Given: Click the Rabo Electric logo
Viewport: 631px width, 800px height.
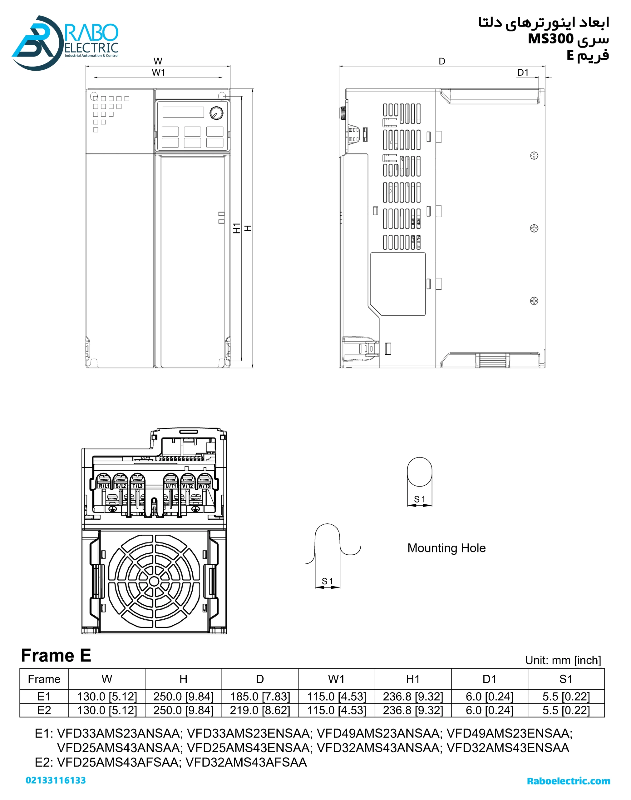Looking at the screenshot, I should click(65, 42).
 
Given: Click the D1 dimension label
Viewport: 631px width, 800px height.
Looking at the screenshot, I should click(523, 72).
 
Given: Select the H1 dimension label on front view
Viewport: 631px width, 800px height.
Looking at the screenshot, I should click(236, 228).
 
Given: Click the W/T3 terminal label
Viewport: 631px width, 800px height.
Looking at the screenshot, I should click(204, 485).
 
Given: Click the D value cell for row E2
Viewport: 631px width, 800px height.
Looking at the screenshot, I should click(260, 710).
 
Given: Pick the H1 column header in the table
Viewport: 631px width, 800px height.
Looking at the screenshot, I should click(413, 679).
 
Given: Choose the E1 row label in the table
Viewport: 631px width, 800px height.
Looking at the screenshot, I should click(44, 697).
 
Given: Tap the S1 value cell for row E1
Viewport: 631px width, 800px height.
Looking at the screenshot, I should click(566, 697).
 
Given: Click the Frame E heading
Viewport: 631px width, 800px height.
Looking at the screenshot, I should click(56, 655).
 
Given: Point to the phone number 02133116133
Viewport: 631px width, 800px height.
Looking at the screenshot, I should click(56, 780).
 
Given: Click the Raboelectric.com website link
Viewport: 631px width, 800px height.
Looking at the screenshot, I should click(568, 781).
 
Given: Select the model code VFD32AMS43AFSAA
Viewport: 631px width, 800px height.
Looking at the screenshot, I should click(246, 762).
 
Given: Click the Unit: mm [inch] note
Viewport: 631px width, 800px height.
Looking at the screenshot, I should click(563, 660).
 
